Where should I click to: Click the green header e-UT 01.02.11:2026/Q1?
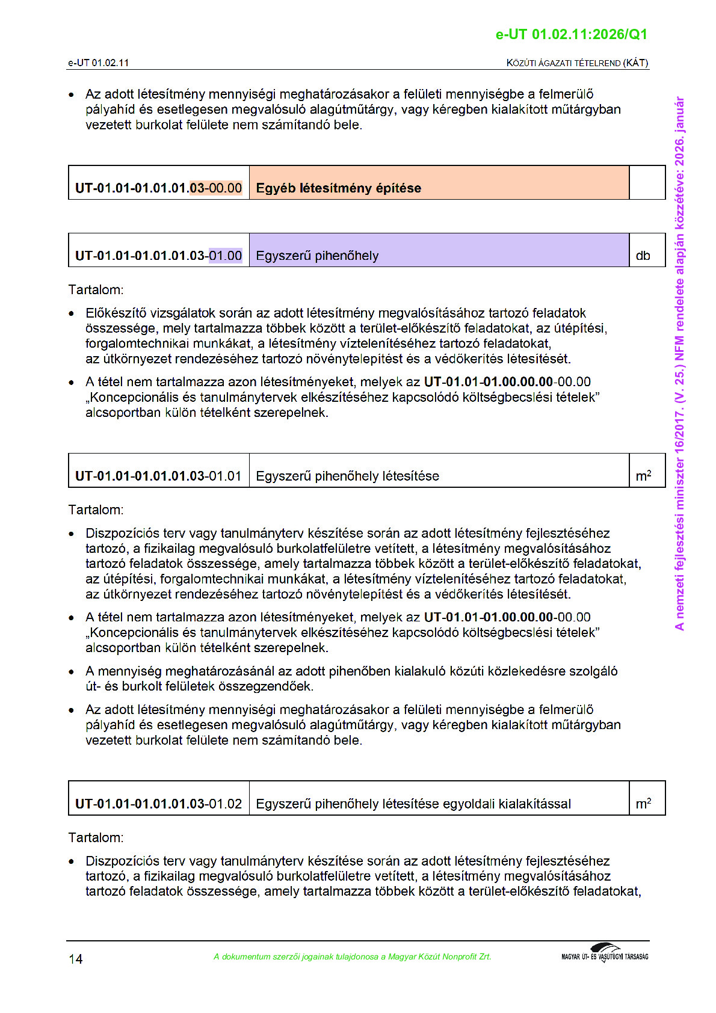[x=571, y=34]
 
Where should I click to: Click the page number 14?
[x=76, y=959]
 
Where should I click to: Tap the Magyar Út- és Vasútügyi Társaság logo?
[x=605, y=953]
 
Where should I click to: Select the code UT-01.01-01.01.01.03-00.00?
[x=159, y=188]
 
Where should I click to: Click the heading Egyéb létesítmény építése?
[x=338, y=188]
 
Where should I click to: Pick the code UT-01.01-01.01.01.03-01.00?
[x=159, y=256]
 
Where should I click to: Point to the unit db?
[x=643, y=256]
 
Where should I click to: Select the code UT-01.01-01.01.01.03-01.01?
[x=159, y=476]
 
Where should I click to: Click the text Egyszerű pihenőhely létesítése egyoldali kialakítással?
[x=413, y=804]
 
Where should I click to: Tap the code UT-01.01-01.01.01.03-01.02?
[x=159, y=804]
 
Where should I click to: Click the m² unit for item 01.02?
[x=643, y=804]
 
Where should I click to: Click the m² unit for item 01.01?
[x=643, y=476]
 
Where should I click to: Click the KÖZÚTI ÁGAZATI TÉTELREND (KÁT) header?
[x=577, y=63]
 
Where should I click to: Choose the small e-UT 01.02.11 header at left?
[x=98, y=63]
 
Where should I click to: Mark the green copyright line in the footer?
[x=352, y=956]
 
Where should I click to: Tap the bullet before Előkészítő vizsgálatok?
[x=72, y=313]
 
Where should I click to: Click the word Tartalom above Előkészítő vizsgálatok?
[x=96, y=290]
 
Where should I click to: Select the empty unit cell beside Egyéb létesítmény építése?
[x=647, y=183]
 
